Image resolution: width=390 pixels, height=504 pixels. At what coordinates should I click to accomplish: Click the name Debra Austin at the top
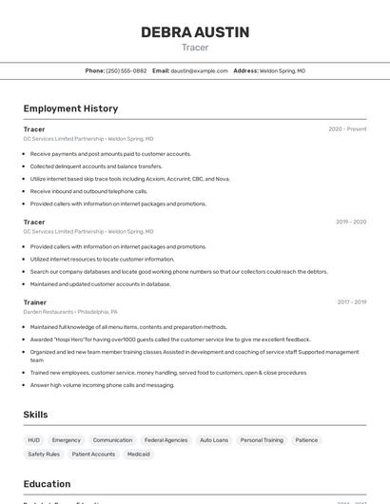pyautogui.click(x=195, y=32)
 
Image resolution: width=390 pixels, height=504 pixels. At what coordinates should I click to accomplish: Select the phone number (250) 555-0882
pyautogui.click(x=127, y=70)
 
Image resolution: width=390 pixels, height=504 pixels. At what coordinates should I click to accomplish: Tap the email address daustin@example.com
pyautogui.click(x=200, y=70)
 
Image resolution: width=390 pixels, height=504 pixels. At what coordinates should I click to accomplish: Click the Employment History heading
pyautogui.click(x=70, y=108)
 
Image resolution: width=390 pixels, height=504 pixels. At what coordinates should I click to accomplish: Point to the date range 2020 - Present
pyautogui.click(x=347, y=129)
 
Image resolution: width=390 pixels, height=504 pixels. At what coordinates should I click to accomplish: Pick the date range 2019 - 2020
pyautogui.click(x=351, y=222)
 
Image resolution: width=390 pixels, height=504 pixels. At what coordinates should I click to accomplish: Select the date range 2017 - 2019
pyautogui.click(x=351, y=302)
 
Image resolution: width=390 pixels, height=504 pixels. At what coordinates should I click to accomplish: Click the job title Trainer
pyautogui.click(x=34, y=302)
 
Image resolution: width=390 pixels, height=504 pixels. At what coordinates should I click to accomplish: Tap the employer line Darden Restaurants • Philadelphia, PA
pyautogui.click(x=70, y=312)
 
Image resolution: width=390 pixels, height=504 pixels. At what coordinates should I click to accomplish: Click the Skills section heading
pyautogui.click(x=36, y=415)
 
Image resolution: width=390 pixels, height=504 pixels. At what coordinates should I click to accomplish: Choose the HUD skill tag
pyautogui.click(x=33, y=440)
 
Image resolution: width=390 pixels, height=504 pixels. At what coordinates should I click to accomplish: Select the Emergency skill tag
pyautogui.click(x=67, y=440)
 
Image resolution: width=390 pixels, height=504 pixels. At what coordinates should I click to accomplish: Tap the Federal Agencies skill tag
pyautogui.click(x=166, y=440)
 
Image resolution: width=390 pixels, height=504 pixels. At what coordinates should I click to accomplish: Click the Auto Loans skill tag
pyautogui.click(x=214, y=440)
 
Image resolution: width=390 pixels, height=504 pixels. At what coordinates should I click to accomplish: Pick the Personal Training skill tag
pyautogui.click(x=262, y=440)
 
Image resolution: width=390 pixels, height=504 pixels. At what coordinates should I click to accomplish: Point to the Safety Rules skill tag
pyautogui.click(x=43, y=455)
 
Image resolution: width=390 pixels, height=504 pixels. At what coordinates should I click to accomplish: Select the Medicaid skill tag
pyautogui.click(x=139, y=455)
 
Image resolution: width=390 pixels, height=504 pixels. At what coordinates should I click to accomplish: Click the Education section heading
pyautogui.click(x=48, y=483)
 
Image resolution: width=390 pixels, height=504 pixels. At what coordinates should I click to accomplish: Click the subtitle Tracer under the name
pyautogui.click(x=195, y=48)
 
